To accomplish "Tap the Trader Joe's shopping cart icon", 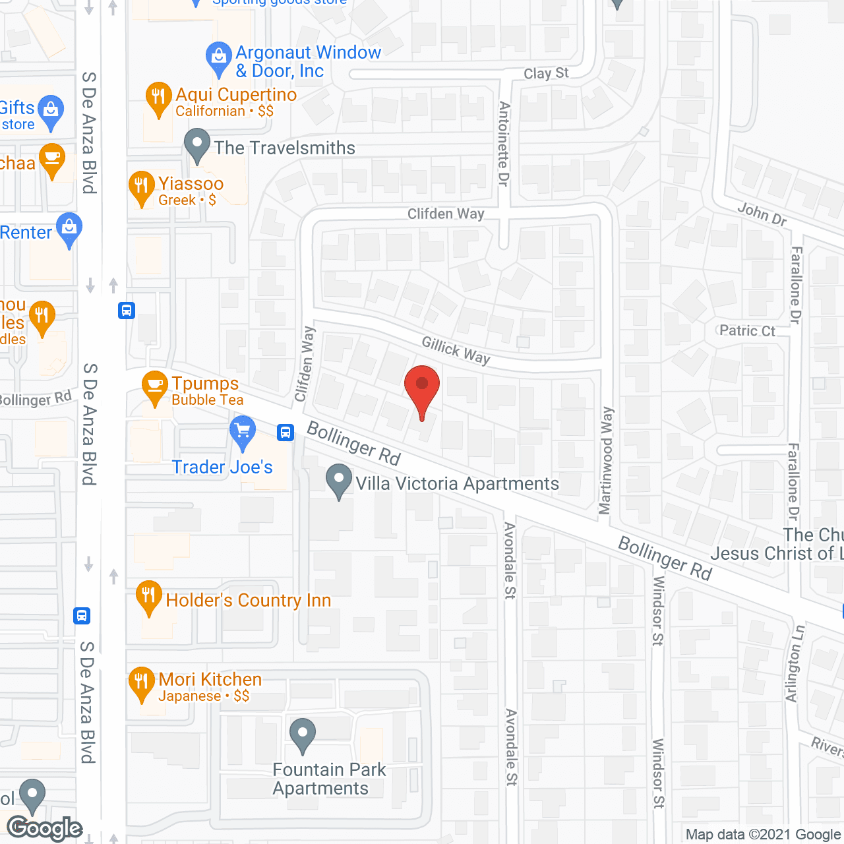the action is pyautogui.click(x=243, y=432).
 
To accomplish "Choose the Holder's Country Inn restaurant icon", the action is pyautogui.click(x=149, y=597).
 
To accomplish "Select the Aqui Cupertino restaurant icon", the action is pyautogui.click(x=158, y=98).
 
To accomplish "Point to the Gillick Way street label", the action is pyautogui.click(x=456, y=350).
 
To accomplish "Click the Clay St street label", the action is pyautogui.click(x=546, y=73).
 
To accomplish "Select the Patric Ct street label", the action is pyautogui.click(x=747, y=330).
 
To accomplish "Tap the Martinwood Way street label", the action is pyautogui.click(x=606, y=460).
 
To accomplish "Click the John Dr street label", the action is pyautogui.click(x=762, y=214).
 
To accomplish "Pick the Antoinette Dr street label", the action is pyautogui.click(x=504, y=144).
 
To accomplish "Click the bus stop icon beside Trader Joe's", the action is pyautogui.click(x=286, y=432).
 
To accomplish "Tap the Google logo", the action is pyautogui.click(x=45, y=828).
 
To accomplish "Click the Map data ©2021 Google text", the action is pyautogui.click(x=764, y=834).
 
